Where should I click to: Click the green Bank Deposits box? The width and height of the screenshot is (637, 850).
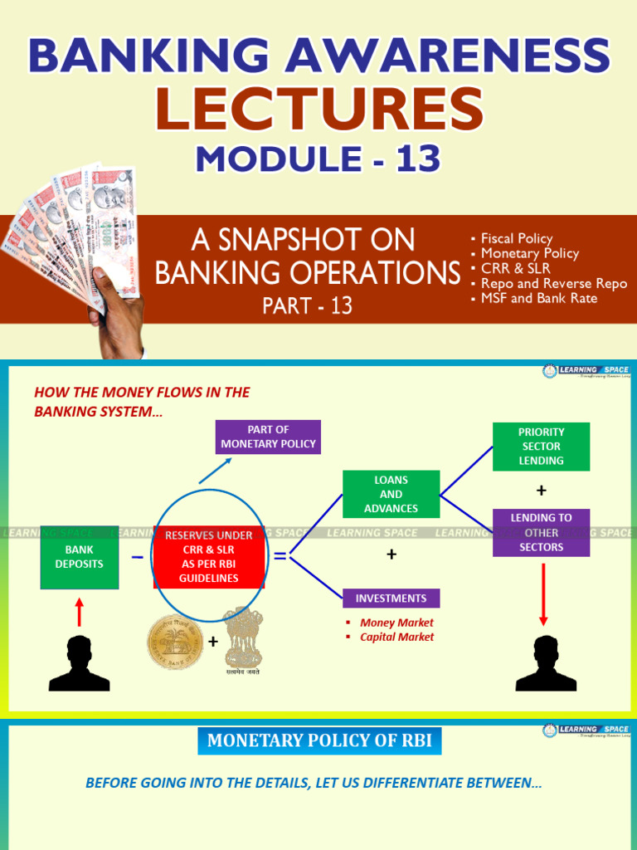click(x=80, y=556)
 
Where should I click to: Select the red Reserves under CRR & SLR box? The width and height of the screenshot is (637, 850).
click(x=209, y=557)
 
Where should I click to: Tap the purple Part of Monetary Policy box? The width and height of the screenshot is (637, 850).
click(x=268, y=437)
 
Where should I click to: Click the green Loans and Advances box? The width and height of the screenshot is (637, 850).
click(x=391, y=494)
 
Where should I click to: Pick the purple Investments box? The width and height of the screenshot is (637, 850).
click(x=391, y=598)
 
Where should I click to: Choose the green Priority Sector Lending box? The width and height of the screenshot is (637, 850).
click(x=541, y=447)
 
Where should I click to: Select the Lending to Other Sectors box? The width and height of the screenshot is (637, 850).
click(x=541, y=532)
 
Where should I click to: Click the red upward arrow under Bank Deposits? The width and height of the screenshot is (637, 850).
click(x=80, y=613)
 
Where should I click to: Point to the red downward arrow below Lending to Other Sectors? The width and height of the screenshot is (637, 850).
click(x=544, y=594)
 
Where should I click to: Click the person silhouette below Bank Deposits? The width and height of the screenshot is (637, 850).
click(x=80, y=663)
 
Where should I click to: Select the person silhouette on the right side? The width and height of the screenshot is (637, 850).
click(x=546, y=663)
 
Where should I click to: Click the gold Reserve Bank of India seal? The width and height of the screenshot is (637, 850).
click(x=175, y=642)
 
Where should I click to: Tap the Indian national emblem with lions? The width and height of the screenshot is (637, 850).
click(x=243, y=639)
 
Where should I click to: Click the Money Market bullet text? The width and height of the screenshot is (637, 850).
click(x=396, y=623)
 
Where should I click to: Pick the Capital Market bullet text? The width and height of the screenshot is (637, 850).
click(x=396, y=637)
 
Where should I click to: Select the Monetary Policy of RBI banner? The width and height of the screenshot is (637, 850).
click(x=319, y=740)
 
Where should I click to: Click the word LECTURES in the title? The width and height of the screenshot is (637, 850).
click(x=319, y=110)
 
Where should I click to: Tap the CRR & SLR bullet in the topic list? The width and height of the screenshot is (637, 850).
click(x=515, y=268)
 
